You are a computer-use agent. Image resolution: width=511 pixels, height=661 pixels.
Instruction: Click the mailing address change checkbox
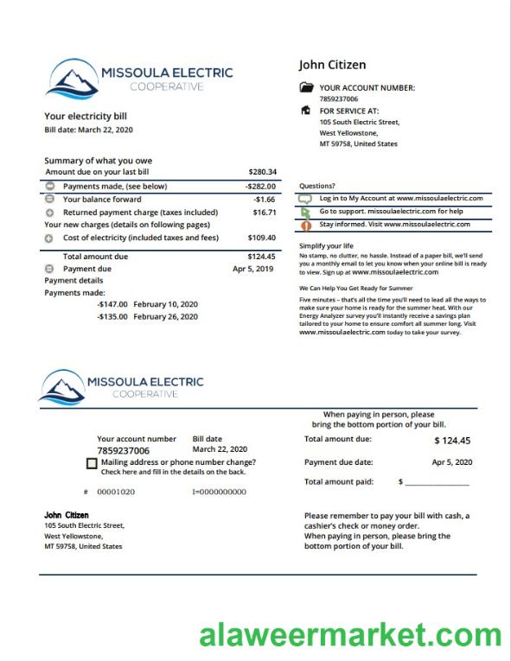click(93, 464)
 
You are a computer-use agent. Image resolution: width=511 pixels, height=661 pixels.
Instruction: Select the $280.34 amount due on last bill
click(262, 172)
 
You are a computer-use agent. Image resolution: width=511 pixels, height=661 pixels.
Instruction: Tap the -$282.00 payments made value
click(260, 186)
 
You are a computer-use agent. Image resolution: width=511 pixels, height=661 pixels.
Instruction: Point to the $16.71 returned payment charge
click(264, 212)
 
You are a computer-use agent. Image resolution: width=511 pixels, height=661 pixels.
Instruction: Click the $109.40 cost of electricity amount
click(262, 238)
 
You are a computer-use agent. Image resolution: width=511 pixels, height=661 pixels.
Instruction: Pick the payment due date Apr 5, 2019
click(252, 269)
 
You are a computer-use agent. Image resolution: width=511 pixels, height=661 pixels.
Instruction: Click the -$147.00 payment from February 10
click(112, 304)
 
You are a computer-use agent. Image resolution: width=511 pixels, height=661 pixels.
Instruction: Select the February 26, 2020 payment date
click(166, 316)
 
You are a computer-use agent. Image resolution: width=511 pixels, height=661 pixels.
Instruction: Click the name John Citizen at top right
click(332, 65)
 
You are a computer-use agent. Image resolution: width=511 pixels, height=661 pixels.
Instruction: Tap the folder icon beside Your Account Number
click(306, 87)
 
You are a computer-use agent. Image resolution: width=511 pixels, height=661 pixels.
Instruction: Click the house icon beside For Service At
click(305, 111)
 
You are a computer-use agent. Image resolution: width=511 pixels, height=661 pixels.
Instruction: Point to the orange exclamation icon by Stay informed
click(305, 225)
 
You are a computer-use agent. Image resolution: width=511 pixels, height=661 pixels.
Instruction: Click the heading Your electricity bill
click(86, 116)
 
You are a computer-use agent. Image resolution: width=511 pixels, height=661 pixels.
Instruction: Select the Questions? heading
click(317, 186)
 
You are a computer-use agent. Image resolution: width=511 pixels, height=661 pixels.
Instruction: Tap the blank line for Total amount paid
click(438, 482)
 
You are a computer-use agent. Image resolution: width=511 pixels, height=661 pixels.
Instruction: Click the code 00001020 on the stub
click(115, 492)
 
